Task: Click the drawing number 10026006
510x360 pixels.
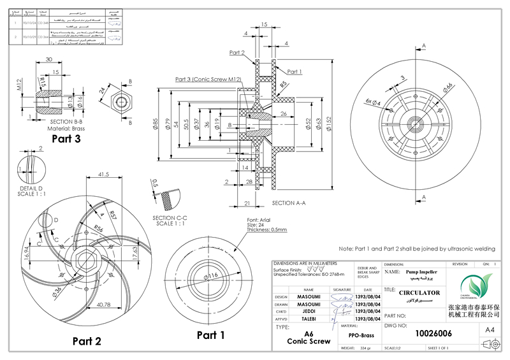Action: (434, 333)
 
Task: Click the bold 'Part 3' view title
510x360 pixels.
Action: (66, 138)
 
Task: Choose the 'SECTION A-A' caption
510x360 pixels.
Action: (289, 203)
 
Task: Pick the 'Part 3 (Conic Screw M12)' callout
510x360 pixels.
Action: (208, 79)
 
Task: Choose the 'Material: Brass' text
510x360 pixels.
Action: (66, 128)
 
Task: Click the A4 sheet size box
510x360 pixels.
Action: (490, 330)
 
